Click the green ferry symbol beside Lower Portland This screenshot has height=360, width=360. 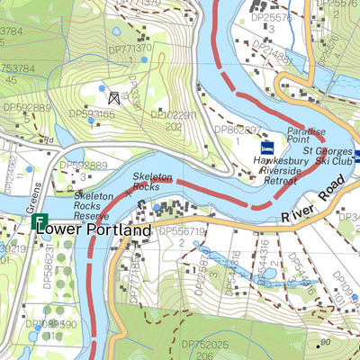(x=38, y=221)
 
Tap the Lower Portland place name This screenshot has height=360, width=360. (x=94, y=230)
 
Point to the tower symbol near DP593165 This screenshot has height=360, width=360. (x=113, y=97)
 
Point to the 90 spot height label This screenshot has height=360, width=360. (x=325, y=343)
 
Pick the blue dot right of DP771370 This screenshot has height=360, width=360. (x=144, y=59)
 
